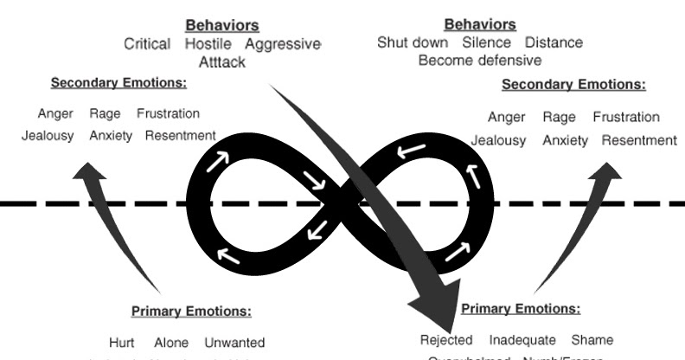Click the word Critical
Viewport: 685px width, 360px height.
click(147, 44)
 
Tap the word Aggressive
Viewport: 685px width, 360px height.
click(283, 44)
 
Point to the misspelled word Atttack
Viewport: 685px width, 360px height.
click(222, 62)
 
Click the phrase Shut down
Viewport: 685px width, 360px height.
click(413, 42)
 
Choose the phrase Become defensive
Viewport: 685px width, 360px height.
click(479, 61)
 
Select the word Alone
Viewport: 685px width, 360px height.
click(171, 343)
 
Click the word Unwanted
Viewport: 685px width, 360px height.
click(234, 343)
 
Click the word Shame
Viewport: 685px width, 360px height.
click(592, 339)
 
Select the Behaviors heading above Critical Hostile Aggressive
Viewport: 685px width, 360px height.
click(221, 25)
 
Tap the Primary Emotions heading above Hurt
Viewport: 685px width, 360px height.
click(191, 312)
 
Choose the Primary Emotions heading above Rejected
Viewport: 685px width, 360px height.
click(522, 309)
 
